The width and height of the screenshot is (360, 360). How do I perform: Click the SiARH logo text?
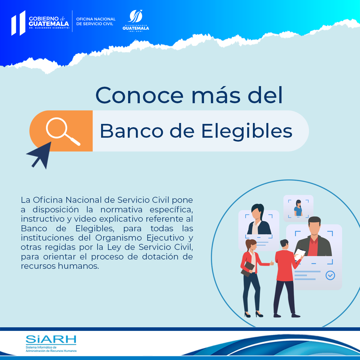pyautogui.click(x=51, y=339)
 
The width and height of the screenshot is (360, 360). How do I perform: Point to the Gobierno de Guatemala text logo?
pyautogui.click(x=49, y=22)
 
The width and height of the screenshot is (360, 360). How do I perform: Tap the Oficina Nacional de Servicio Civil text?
pyautogui.click(x=96, y=21)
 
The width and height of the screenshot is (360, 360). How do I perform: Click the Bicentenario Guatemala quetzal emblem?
pyautogui.click(x=136, y=21)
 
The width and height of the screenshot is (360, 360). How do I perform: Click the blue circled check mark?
pyautogui.click(x=330, y=275)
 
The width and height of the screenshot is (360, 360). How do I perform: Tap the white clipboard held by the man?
pyautogui.click(x=300, y=255)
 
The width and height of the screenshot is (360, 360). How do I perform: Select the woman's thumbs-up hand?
pyautogui.click(x=272, y=263)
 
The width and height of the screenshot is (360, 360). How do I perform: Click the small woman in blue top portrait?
pyautogui.click(x=298, y=208)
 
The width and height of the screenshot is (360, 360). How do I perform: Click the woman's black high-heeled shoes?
pyautogui.click(x=254, y=315)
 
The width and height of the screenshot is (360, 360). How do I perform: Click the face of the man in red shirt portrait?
pyautogui.click(x=314, y=229)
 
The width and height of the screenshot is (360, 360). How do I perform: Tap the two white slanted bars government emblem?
pyautogui.click(x=18, y=23)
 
